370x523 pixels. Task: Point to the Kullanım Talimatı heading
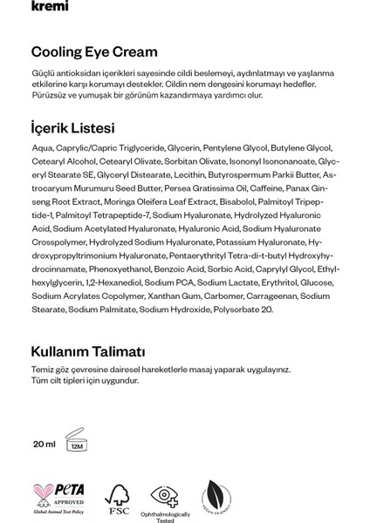click(87, 351)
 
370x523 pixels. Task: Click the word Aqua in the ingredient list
click(40, 150)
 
